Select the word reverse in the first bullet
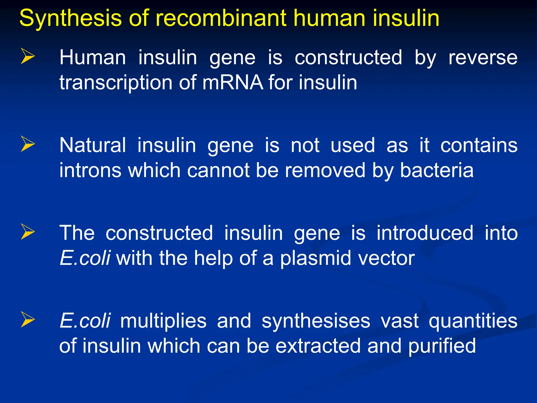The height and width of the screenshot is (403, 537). pos(483,57)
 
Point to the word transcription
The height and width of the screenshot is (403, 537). pos(116,83)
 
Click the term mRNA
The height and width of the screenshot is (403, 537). pos(233,82)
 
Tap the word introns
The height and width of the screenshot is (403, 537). pos(90,170)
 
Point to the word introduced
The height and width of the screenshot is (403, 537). pos(425,233)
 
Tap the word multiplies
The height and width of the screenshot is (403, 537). pos(163,321)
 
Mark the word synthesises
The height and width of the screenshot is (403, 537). pos(316,321)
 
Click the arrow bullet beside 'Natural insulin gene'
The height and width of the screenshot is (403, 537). pos(28,144)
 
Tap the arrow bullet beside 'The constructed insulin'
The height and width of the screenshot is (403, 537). pos(28,232)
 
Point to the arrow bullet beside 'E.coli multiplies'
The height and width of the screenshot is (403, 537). pos(28,320)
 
